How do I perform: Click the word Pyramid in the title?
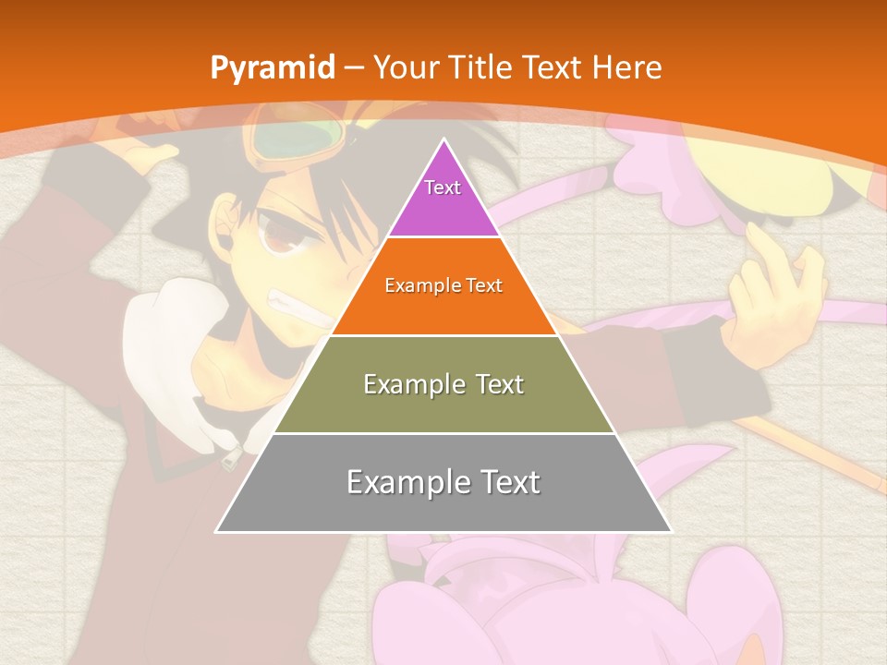click(272, 68)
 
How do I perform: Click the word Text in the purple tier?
click(443, 187)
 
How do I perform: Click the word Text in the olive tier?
click(496, 383)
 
